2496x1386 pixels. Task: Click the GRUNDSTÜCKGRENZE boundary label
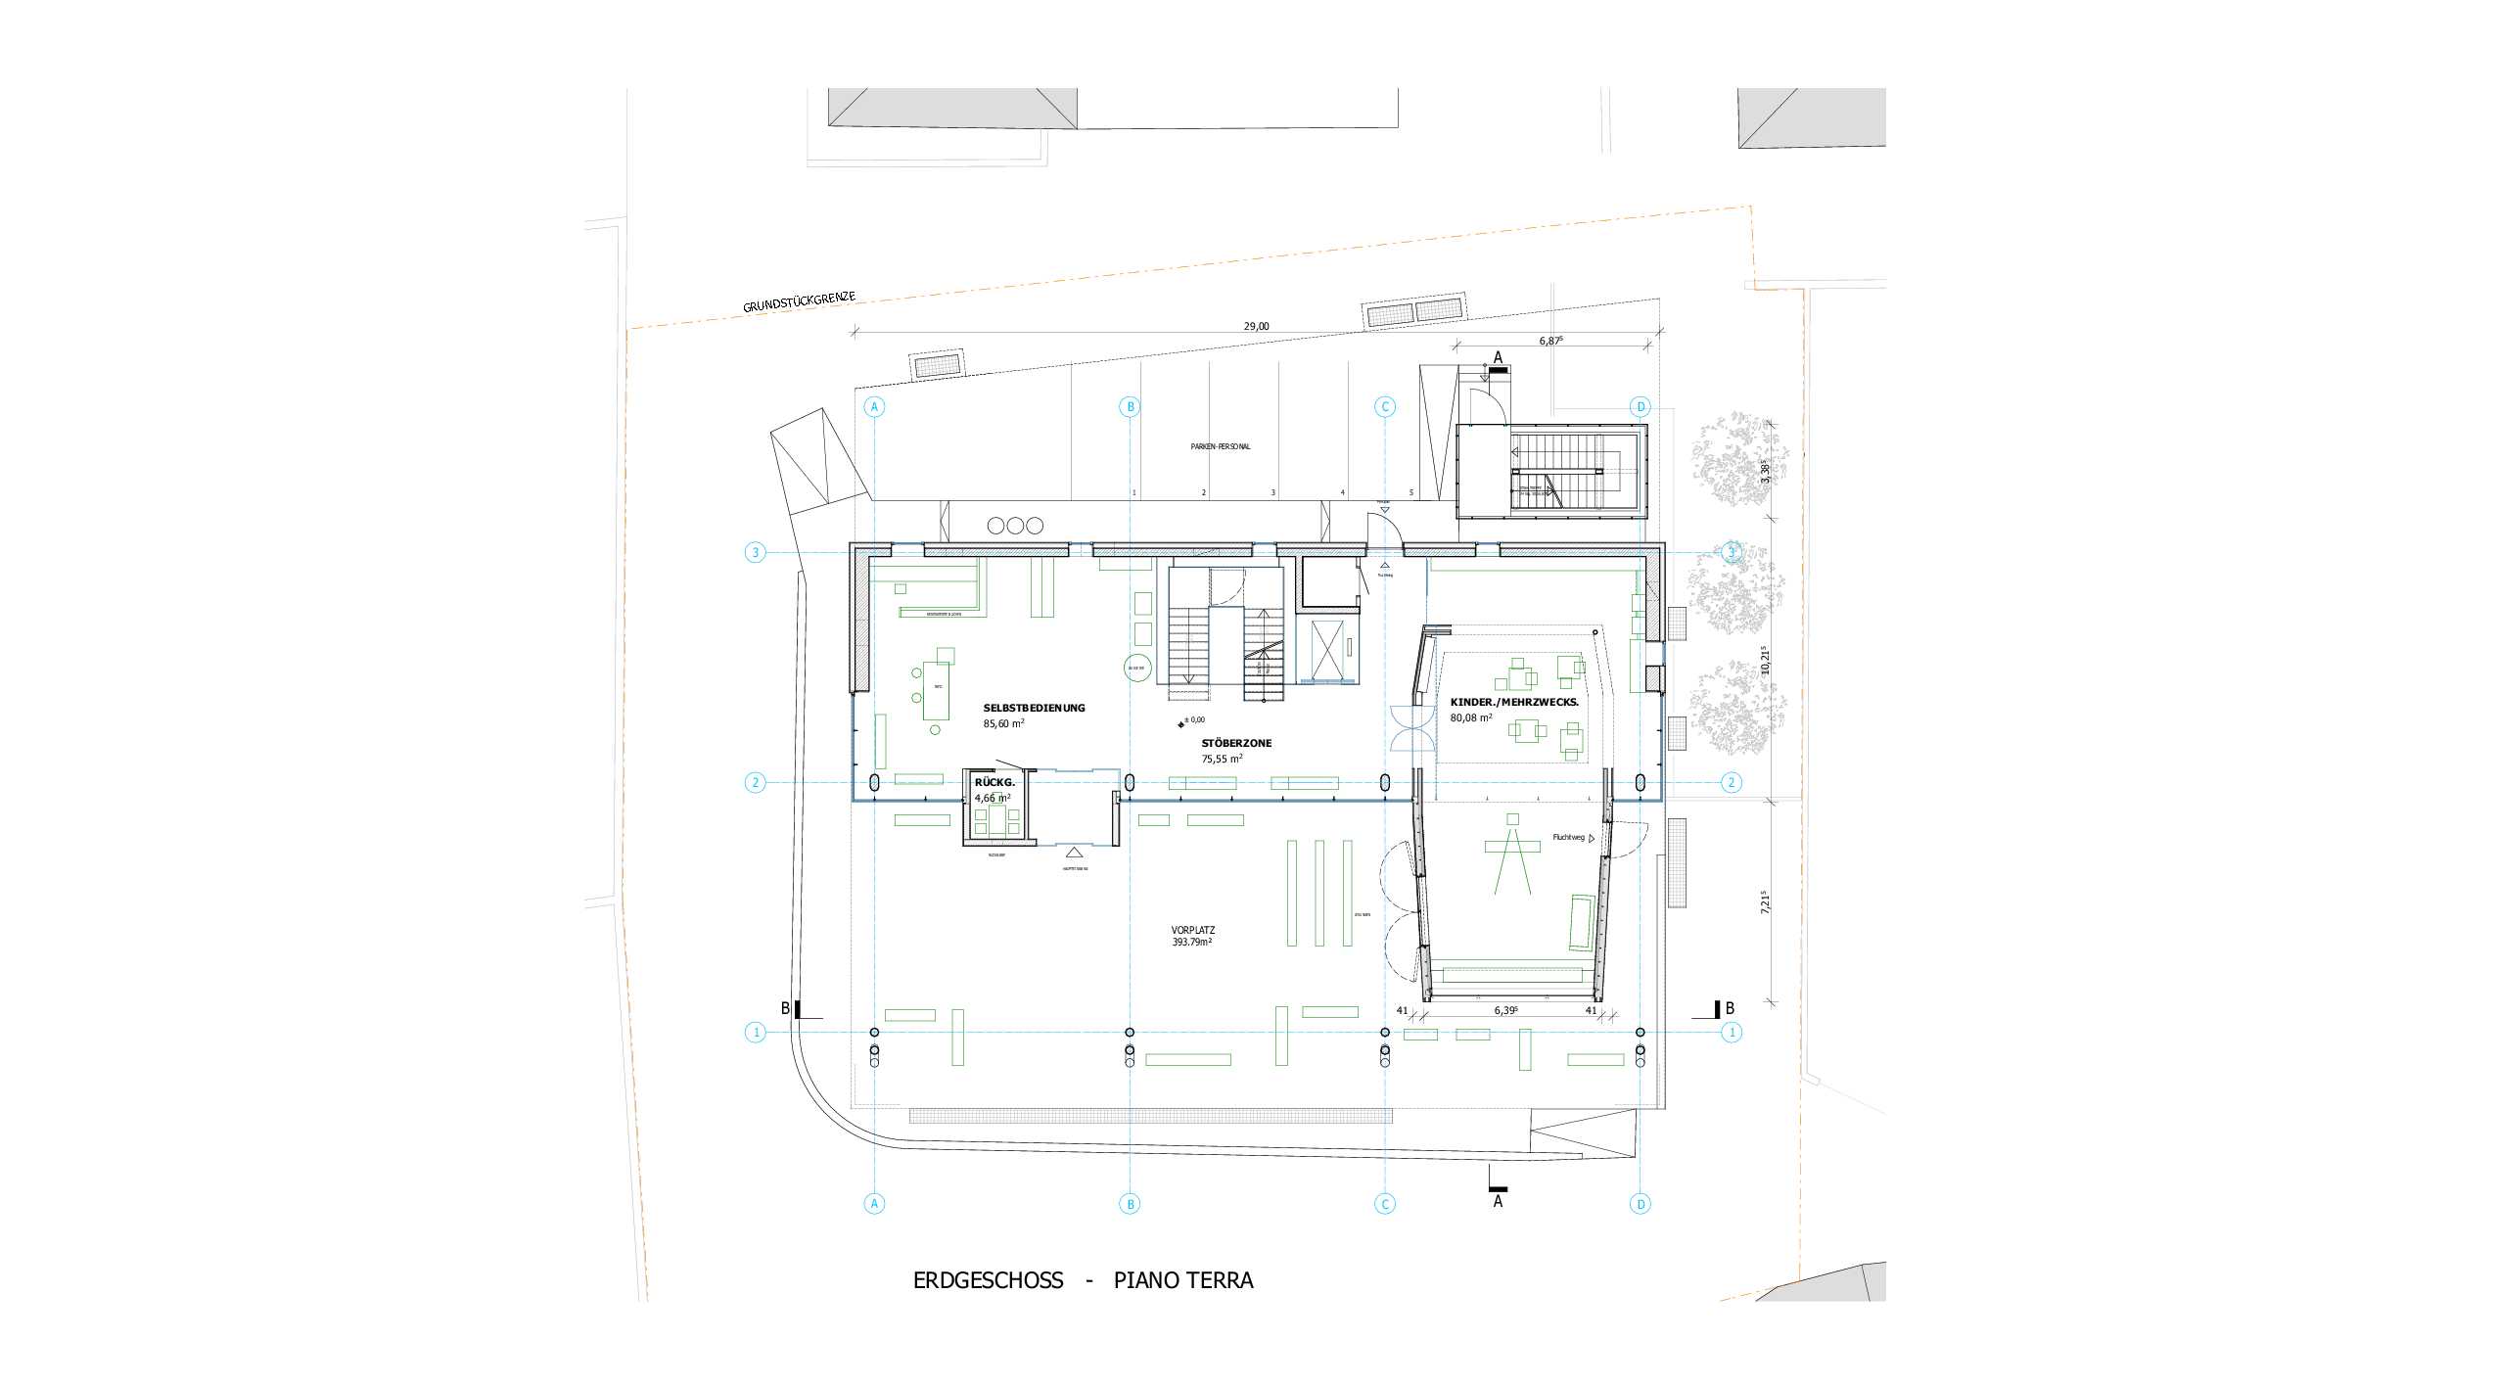[799, 302]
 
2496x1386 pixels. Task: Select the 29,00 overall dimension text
[1256, 327]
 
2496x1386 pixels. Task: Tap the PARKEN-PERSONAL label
[1220, 446]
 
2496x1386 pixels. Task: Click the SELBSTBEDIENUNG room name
[1034, 708]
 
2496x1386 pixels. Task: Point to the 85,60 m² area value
[1003, 724]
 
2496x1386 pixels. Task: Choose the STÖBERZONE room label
[1236, 743]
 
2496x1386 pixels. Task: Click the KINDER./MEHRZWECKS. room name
[1513, 702]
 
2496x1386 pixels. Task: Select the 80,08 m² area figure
[1471, 718]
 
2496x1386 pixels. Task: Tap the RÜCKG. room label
[994, 783]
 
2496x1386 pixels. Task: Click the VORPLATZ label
[1192, 931]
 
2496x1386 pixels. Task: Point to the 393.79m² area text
[1192, 943]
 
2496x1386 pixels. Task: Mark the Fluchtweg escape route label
[1568, 838]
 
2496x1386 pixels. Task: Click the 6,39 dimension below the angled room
[1505, 1011]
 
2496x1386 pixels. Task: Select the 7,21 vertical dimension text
[1765, 901]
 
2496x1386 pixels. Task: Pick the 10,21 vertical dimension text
[1765, 661]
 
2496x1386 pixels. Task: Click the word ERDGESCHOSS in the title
[988, 1280]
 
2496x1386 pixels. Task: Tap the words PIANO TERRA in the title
[1182, 1280]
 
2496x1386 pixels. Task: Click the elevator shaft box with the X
[1328, 649]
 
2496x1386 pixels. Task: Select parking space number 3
[1272, 493]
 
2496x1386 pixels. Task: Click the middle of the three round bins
[1015, 526]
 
